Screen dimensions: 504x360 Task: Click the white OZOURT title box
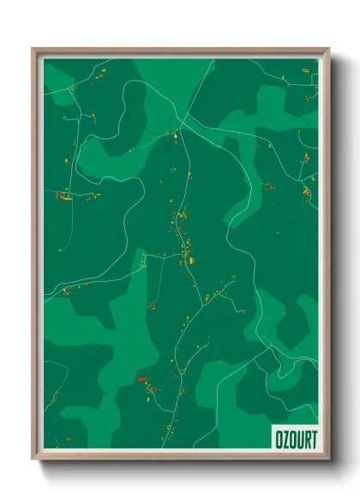(294, 438)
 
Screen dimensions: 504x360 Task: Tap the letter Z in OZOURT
(285, 438)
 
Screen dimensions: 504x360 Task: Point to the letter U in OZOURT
(299, 438)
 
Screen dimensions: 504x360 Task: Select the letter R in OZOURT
(306, 438)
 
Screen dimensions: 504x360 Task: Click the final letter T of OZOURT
(313, 438)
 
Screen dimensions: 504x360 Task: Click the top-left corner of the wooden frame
(33, 49)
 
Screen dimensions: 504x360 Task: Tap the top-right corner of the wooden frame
(328, 49)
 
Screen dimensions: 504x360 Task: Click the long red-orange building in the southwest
(141, 378)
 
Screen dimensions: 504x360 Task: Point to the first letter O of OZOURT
(279, 438)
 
